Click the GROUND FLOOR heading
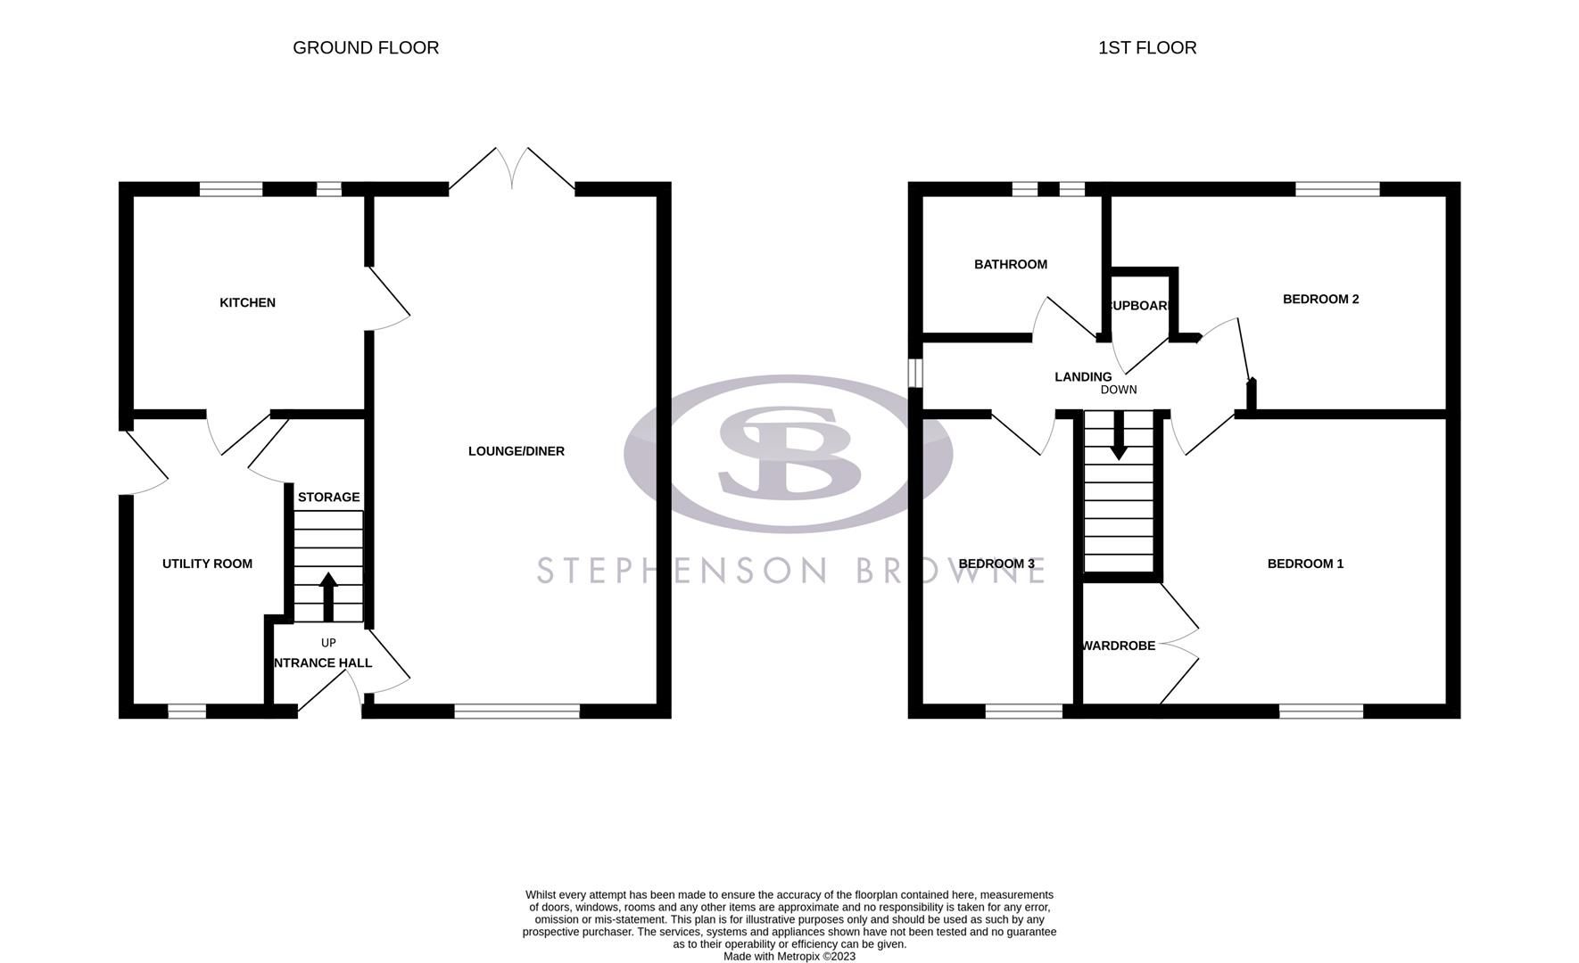pos(366,48)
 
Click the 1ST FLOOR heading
pos(1146,48)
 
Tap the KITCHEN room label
pos(247,303)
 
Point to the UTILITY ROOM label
pos(207,564)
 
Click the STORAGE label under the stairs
pos(328,498)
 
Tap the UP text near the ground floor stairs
pos(328,643)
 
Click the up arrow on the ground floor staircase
pos(327,596)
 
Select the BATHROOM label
pos(1010,265)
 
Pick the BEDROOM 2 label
pos(1320,300)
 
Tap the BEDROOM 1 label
pos(1305,564)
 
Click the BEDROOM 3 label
pos(996,564)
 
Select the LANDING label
pos(1082,377)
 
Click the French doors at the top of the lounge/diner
pos(512,169)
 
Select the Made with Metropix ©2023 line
pos(789,956)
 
